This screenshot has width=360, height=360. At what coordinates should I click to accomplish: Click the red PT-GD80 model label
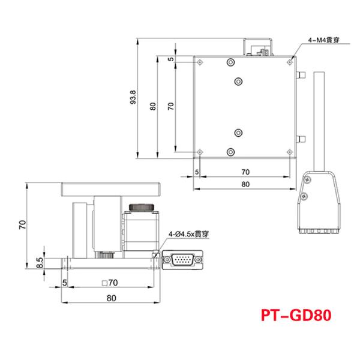[296, 316]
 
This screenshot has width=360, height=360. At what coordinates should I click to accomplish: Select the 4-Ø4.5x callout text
[191, 234]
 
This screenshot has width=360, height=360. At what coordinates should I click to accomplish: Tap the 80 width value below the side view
[110, 297]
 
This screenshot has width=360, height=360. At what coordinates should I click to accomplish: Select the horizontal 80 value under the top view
[245, 185]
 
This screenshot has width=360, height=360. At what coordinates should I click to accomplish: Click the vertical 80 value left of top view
[154, 106]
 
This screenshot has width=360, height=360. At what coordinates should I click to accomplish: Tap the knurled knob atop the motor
[143, 207]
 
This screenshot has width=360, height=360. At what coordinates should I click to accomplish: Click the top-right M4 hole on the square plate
[290, 61]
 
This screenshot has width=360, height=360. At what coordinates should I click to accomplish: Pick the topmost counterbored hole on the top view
[230, 62]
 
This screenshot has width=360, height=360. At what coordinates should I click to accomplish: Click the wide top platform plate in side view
[110, 191]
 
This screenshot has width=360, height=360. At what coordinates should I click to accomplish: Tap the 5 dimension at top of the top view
[170, 59]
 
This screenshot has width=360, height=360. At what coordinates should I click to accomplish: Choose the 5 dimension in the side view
[64, 281]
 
